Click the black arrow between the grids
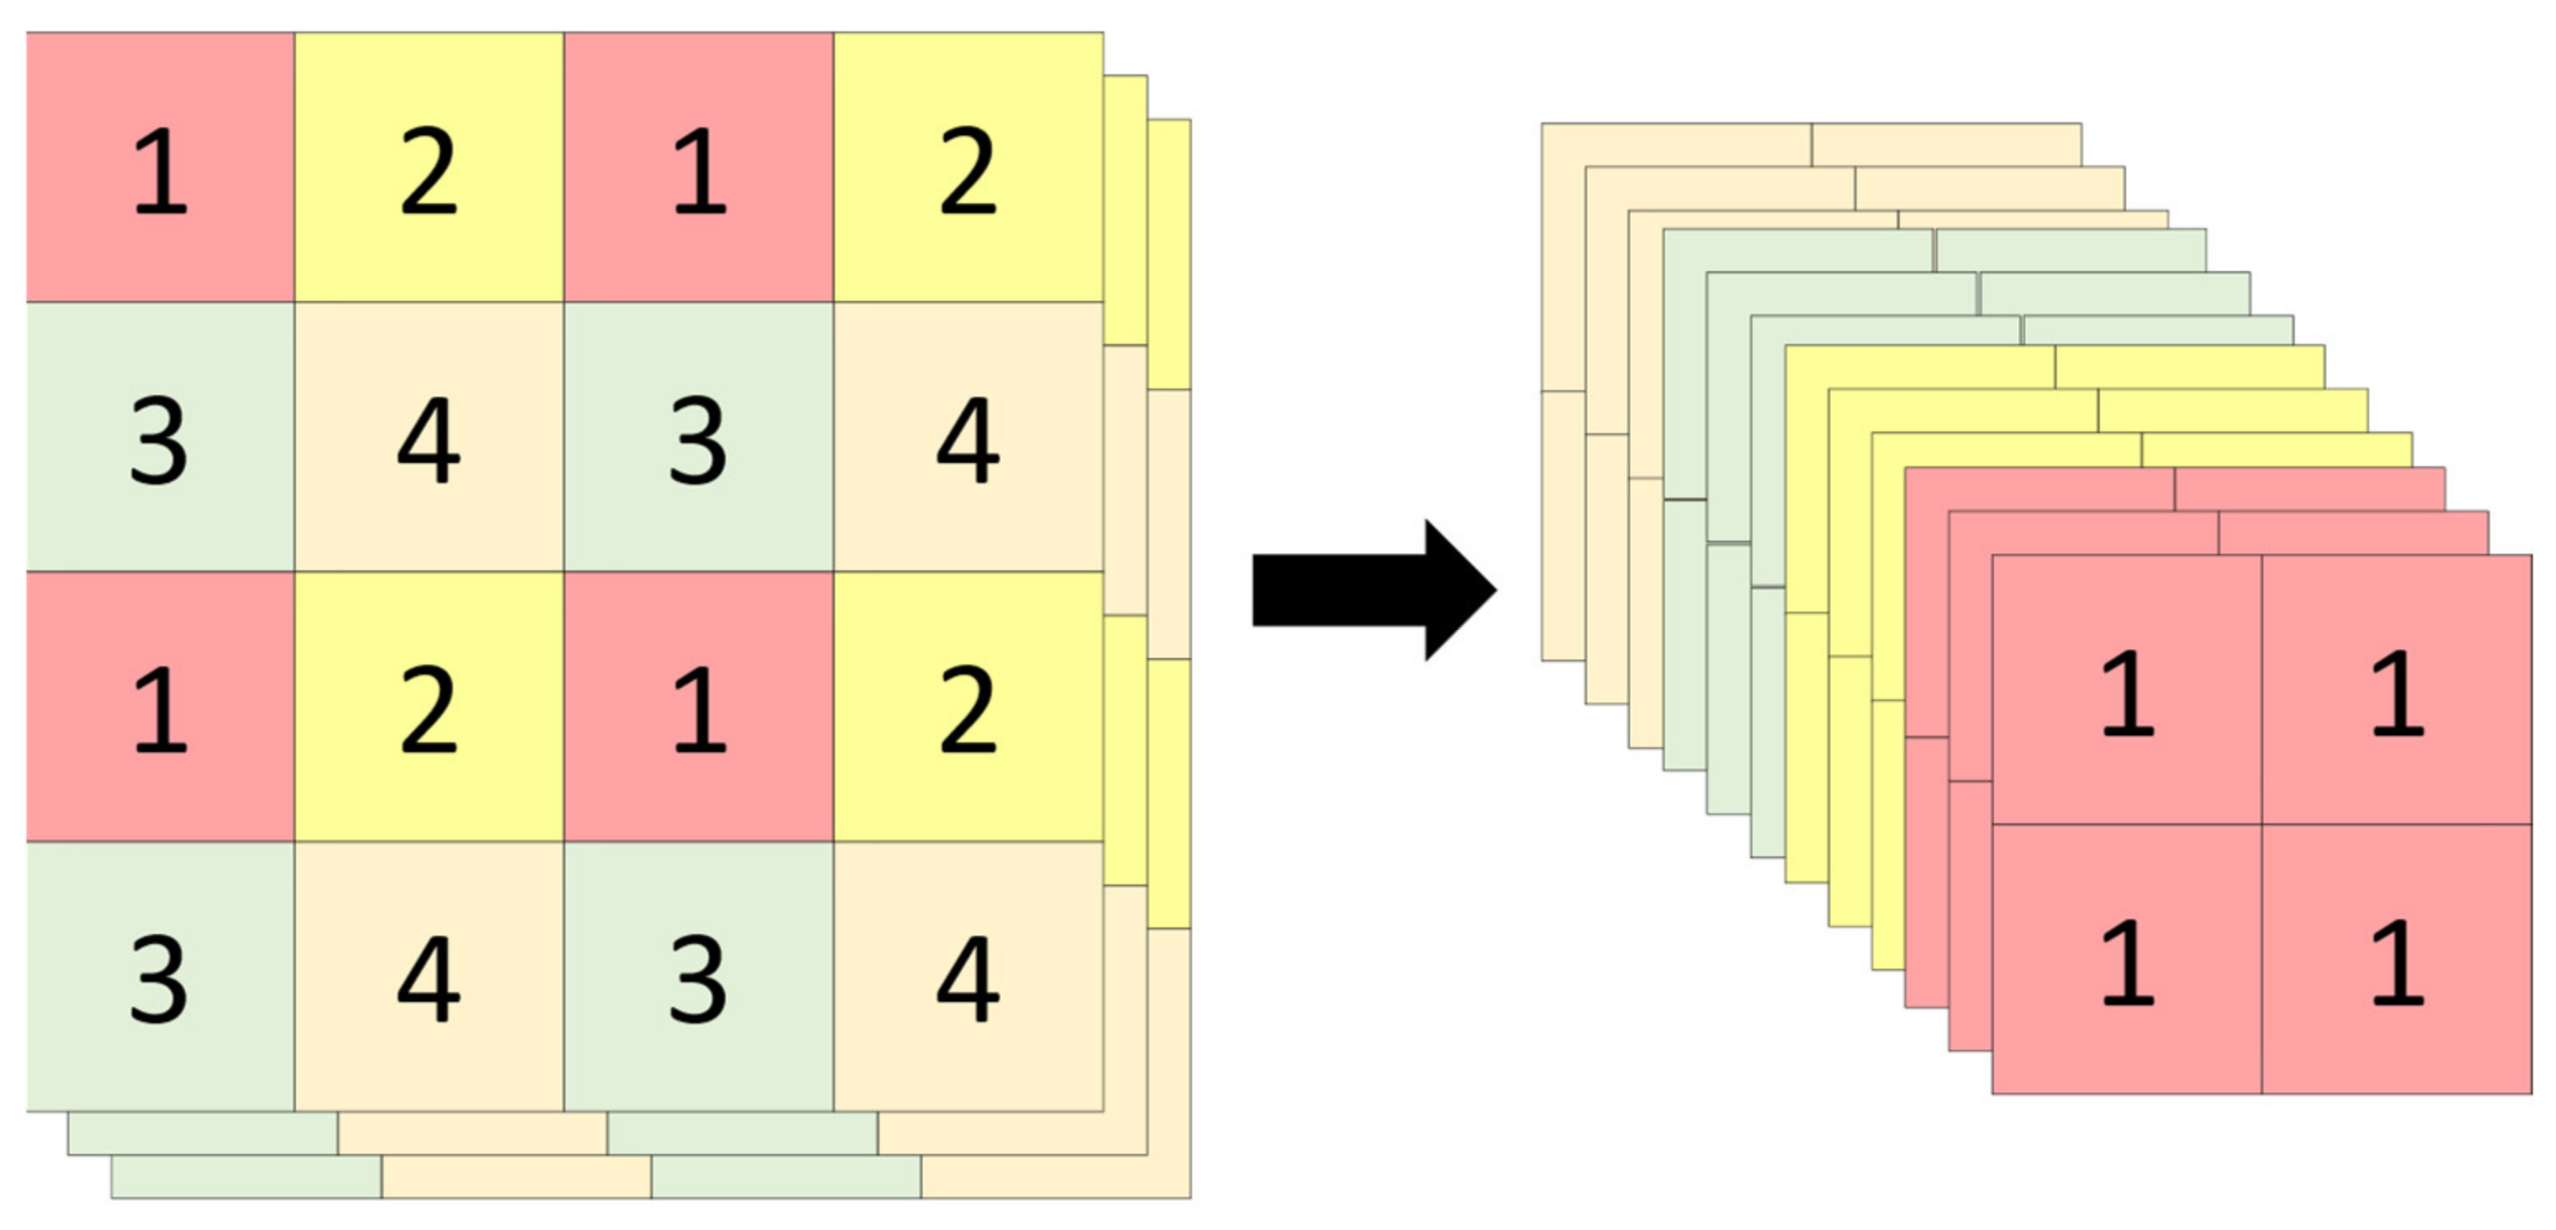1374,590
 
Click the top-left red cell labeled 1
160,168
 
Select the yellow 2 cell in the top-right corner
967,168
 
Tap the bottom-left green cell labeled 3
160,977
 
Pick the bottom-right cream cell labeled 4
967,977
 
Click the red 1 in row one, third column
699,168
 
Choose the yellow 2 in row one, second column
429,168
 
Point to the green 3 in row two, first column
160,437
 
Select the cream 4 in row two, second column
429,437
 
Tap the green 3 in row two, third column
699,437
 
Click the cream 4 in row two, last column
967,437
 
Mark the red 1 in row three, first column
160,708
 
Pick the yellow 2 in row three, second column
429,708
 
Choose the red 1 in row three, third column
699,708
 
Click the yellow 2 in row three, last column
967,708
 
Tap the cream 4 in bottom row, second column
429,977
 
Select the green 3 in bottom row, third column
699,977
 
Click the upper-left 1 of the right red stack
2127,690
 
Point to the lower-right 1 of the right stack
2397,961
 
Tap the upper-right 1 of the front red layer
2397,690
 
